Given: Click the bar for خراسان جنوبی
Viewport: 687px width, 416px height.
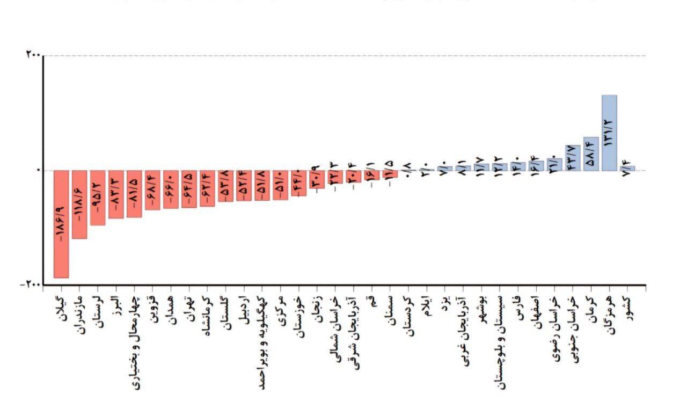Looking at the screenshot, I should [x=573, y=158].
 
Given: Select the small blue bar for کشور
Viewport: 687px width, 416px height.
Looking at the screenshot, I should [x=627, y=168].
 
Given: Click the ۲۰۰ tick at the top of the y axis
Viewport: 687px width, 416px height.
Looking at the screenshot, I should [x=32, y=55].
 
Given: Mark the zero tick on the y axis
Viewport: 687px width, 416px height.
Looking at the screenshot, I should [x=37, y=170].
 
